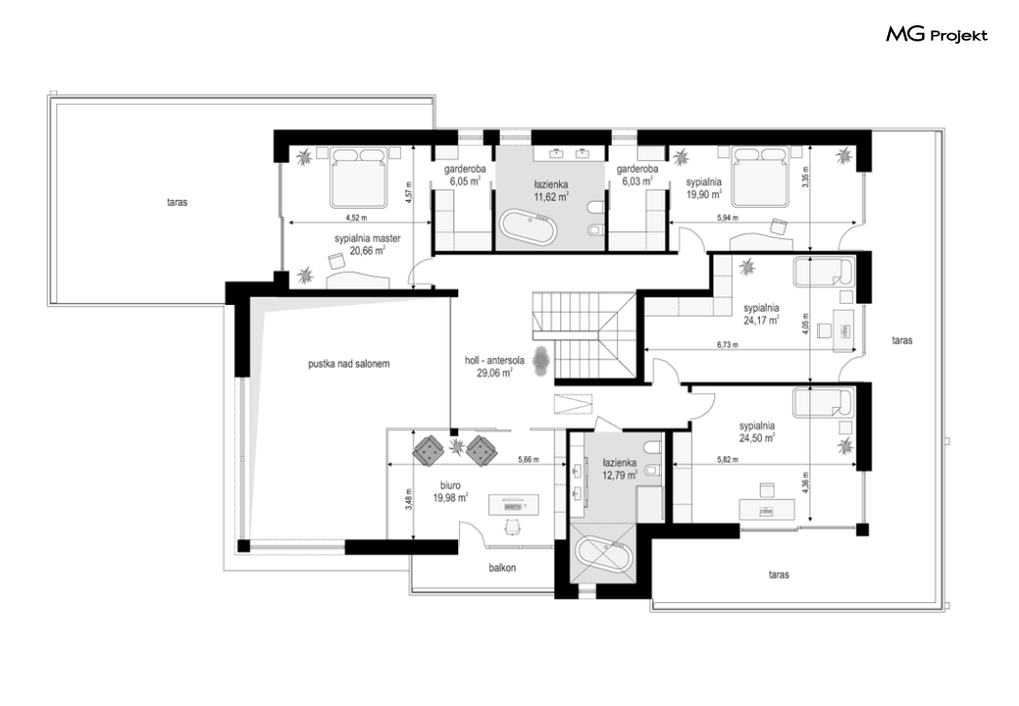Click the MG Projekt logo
point(937,34)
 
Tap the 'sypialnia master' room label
point(367,239)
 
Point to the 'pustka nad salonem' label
point(349,364)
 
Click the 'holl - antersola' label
point(495,360)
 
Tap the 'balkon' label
point(503,567)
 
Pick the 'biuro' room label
point(450,486)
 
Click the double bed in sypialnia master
point(359,177)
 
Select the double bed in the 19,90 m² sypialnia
point(760,177)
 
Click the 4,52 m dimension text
point(356,218)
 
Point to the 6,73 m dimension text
point(728,345)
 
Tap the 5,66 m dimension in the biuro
point(529,459)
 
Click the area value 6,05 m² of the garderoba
point(465,182)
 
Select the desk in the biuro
point(513,504)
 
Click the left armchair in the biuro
point(428,450)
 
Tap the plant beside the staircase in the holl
point(541,360)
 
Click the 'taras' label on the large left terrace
point(177,202)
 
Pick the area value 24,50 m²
point(757,438)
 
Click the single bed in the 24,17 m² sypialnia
point(823,272)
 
